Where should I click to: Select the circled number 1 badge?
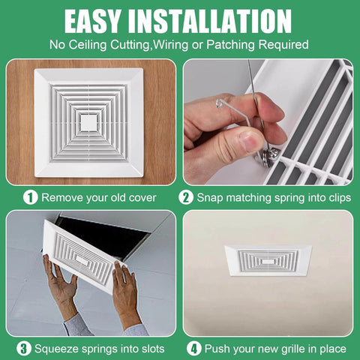[30, 197]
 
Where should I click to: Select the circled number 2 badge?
[187, 197]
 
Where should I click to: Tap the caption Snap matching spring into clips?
[271, 198]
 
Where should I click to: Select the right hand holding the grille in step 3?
[124, 293]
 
